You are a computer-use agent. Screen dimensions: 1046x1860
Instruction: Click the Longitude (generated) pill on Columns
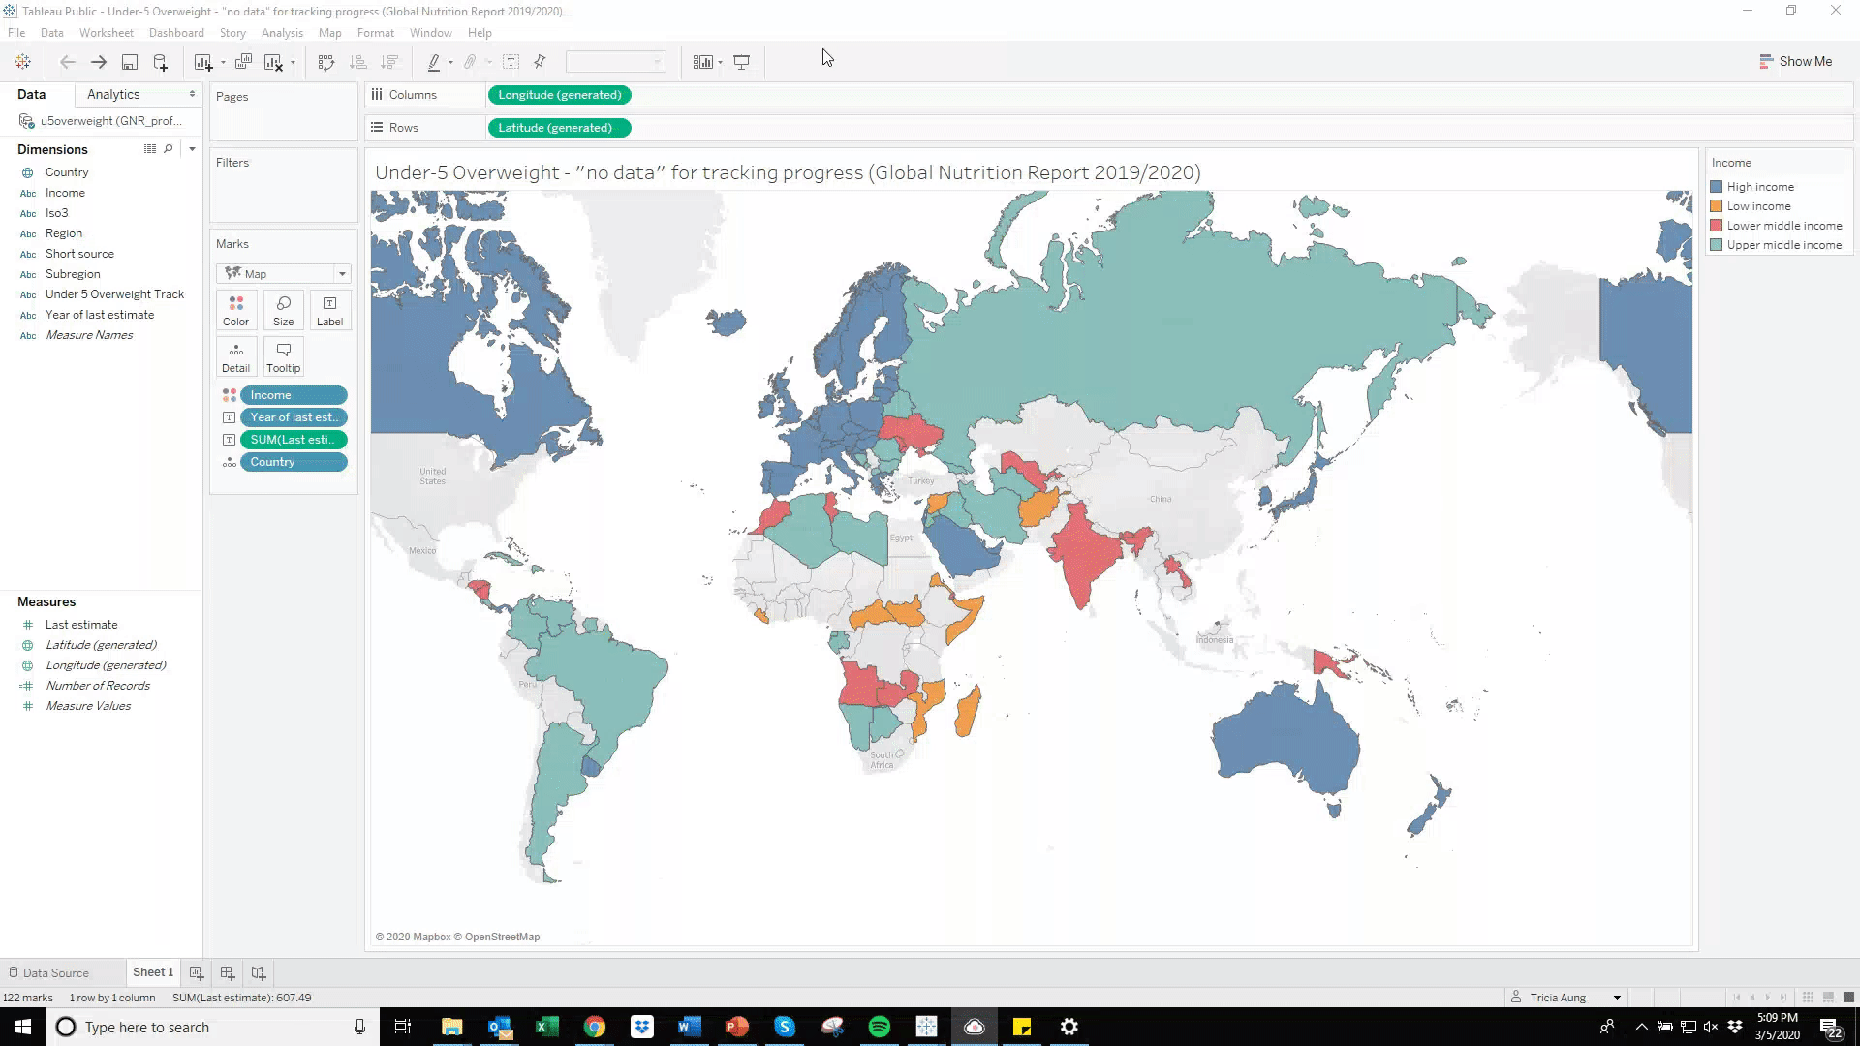coord(559,95)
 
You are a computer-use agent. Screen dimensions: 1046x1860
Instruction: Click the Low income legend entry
coord(1758,206)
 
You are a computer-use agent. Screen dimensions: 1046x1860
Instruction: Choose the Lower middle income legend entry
coord(1783,226)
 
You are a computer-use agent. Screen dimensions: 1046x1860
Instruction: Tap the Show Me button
coord(1795,61)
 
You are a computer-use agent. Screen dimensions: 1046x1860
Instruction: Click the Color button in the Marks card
coord(235,310)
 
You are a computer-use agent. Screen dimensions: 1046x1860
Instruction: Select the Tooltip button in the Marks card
coord(283,356)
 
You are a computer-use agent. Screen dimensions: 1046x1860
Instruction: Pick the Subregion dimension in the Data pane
coord(73,274)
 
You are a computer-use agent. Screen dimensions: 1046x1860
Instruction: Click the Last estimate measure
coord(81,625)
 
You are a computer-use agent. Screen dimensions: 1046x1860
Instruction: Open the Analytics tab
coord(113,94)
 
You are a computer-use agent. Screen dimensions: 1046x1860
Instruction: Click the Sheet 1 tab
coord(153,972)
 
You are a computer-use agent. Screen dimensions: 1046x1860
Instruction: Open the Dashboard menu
coord(176,33)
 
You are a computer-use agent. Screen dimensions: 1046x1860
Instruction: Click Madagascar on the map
coord(967,712)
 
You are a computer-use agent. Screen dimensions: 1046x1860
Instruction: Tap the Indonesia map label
coord(1215,639)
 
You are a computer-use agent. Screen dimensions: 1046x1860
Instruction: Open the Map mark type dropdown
coord(283,274)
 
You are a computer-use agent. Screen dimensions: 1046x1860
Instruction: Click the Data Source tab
coord(55,973)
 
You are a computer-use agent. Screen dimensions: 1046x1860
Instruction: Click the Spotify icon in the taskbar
coord(880,1027)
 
